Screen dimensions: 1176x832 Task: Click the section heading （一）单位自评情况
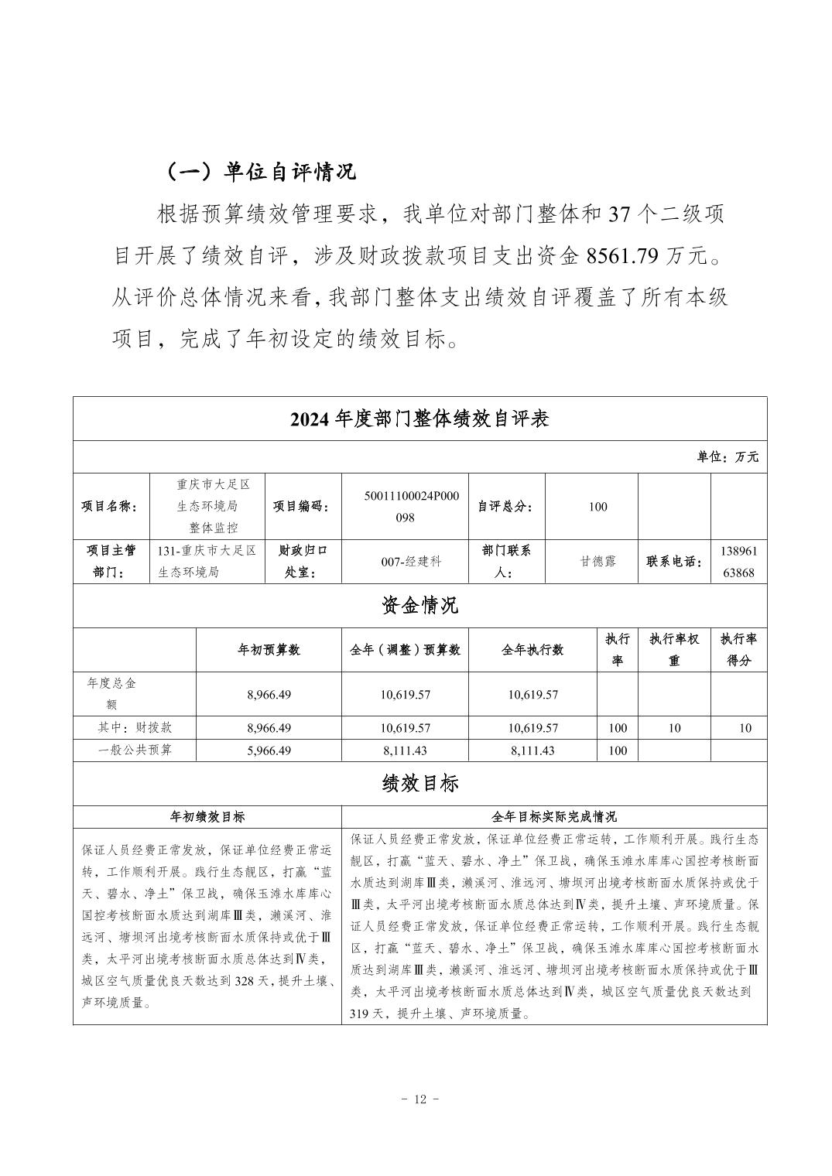(x=261, y=171)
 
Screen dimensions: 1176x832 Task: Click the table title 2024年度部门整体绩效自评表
(x=419, y=419)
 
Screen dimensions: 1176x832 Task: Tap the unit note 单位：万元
(x=728, y=456)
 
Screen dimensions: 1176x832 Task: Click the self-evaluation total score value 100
(x=597, y=507)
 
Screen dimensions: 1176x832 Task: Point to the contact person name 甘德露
(x=598, y=562)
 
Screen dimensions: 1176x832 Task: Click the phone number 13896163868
(x=738, y=562)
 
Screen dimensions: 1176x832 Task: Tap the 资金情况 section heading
(x=419, y=604)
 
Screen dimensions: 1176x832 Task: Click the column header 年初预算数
(x=269, y=650)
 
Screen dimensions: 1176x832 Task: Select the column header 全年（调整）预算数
(x=405, y=650)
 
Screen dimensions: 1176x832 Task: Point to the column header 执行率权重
(x=673, y=650)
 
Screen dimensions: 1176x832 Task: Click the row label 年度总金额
(x=112, y=694)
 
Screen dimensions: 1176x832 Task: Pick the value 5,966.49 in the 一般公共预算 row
(x=269, y=750)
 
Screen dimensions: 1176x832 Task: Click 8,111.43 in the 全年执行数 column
(x=532, y=750)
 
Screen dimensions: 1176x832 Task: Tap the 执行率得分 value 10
(x=745, y=728)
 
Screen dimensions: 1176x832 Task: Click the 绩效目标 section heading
(x=419, y=783)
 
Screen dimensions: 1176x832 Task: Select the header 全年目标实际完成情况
(x=554, y=817)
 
